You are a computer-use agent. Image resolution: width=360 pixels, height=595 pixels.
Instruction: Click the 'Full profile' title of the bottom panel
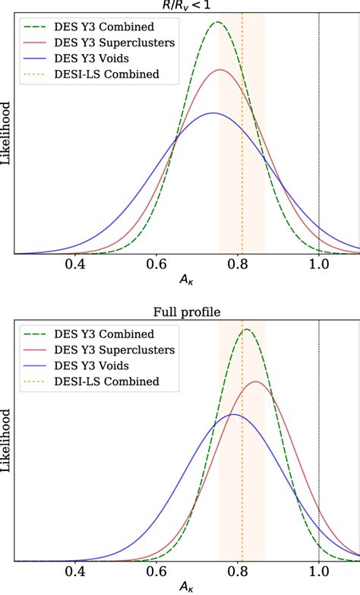187,310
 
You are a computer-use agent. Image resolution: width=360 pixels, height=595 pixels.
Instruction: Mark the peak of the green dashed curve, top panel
218,22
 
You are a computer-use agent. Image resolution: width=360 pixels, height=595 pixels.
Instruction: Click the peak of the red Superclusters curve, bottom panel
256,381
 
